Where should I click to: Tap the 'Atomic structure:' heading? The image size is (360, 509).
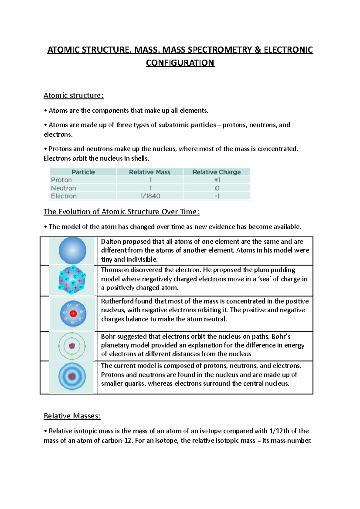coord(73,96)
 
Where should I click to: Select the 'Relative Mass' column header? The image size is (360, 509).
coord(150,172)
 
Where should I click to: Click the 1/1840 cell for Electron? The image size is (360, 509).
coord(150,196)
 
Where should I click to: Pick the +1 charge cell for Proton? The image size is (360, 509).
coord(217,180)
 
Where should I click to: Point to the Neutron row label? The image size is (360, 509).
coord(64,188)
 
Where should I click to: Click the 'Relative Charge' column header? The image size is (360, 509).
coord(217,172)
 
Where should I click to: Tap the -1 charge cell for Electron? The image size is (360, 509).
coord(217,196)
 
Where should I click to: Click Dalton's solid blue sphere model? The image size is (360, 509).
coord(72,251)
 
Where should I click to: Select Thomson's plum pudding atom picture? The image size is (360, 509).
coord(72,280)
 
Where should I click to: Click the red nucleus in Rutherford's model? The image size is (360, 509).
coord(73,314)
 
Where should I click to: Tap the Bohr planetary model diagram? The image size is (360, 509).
coord(72,346)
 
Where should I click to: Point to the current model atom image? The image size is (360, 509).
coord(72,377)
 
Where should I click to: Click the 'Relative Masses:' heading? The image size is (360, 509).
coord(72,416)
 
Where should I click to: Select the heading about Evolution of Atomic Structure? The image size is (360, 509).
coord(121,212)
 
